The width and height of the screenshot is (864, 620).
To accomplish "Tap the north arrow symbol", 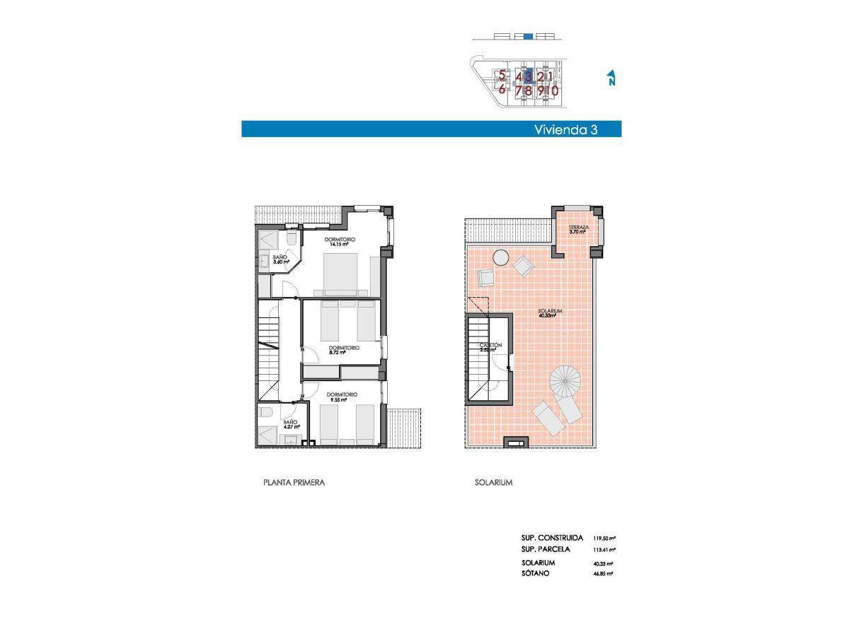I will tap(611, 78).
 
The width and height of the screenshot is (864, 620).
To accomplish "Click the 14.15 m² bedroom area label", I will tap(340, 242).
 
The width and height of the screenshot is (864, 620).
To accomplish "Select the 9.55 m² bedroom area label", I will tap(342, 397).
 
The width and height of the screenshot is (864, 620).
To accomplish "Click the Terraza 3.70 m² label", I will tap(578, 228).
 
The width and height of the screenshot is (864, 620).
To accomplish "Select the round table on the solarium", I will tap(501, 257).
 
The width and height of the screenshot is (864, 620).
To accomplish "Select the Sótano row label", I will tap(535, 573).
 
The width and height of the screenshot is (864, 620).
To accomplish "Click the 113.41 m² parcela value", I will tap(604, 549).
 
